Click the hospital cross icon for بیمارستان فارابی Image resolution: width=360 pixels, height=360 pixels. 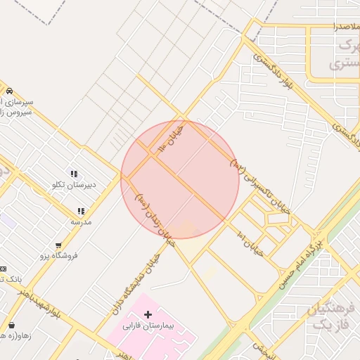point(147,314)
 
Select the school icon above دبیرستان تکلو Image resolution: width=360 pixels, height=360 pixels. point(73,174)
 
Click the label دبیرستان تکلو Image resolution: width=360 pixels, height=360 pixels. point(74,185)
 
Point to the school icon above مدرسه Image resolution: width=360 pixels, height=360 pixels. point(81,211)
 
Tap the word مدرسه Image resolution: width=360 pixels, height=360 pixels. point(81,221)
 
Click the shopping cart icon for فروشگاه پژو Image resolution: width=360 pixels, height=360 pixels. point(58,245)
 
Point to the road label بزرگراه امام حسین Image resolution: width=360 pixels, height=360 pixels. point(300,262)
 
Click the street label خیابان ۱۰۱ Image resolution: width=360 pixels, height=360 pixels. point(250,243)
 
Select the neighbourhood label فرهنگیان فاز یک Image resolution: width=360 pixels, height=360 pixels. point(329,316)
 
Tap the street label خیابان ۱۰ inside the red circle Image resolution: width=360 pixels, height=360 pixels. point(172,136)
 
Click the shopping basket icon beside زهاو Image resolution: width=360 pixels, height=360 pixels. point(12,326)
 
